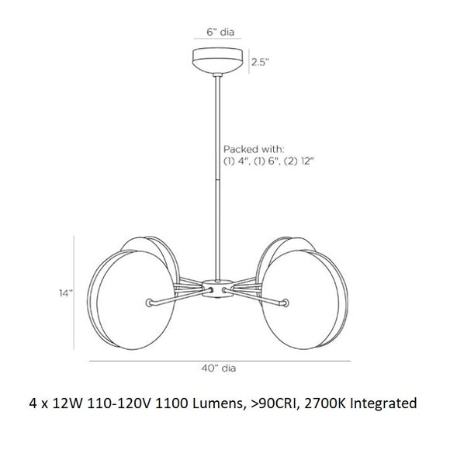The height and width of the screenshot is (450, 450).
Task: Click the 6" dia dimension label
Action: point(220,32)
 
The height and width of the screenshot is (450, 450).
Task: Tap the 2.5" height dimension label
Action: point(260,62)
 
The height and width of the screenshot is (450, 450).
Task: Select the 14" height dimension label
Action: point(66,293)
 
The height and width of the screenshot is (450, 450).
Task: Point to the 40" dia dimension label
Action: point(219,369)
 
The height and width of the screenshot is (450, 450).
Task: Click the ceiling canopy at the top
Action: point(217,60)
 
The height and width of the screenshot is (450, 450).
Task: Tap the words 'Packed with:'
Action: point(254,149)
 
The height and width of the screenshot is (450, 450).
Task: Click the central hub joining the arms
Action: point(217,288)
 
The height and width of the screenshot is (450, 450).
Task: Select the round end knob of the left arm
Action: point(149,303)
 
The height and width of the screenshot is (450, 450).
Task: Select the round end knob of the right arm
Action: point(285,303)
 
